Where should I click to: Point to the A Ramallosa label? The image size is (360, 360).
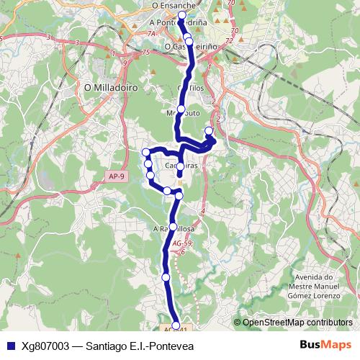(174, 229)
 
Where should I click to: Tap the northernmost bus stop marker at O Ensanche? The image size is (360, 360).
(181, 15)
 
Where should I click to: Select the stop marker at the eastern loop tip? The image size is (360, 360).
(209, 130)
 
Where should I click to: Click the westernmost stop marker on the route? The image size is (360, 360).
(145, 151)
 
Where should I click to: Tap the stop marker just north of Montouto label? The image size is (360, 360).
(182, 107)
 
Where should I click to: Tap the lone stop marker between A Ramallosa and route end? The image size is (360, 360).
(166, 276)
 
